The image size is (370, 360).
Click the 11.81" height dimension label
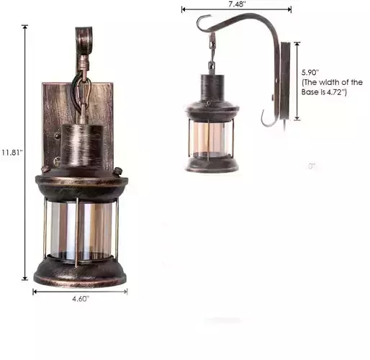click(12, 153)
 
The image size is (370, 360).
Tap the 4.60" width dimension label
click(80, 300)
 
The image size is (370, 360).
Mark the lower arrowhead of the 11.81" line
click(27, 279)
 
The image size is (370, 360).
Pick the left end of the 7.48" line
click(183, 10)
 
